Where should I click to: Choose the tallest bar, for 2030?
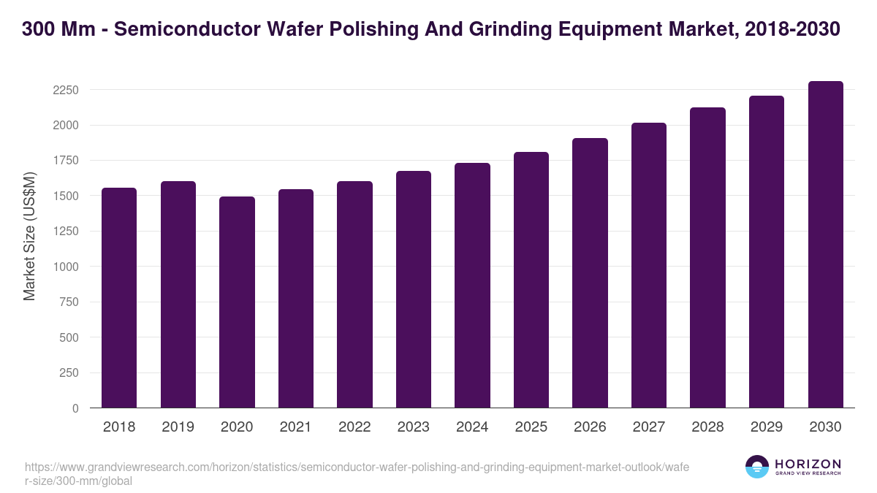(x=825, y=244)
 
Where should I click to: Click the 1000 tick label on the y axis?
(x=65, y=267)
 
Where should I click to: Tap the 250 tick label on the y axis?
(x=69, y=373)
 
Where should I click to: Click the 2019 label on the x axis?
(x=178, y=427)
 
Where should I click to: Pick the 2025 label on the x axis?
(x=531, y=427)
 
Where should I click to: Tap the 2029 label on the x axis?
(x=766, y=427)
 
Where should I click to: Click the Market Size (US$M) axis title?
(x=29, y=236)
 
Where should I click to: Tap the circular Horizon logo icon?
(x=756, y=467)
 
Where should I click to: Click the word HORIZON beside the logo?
(x=808, y=464)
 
